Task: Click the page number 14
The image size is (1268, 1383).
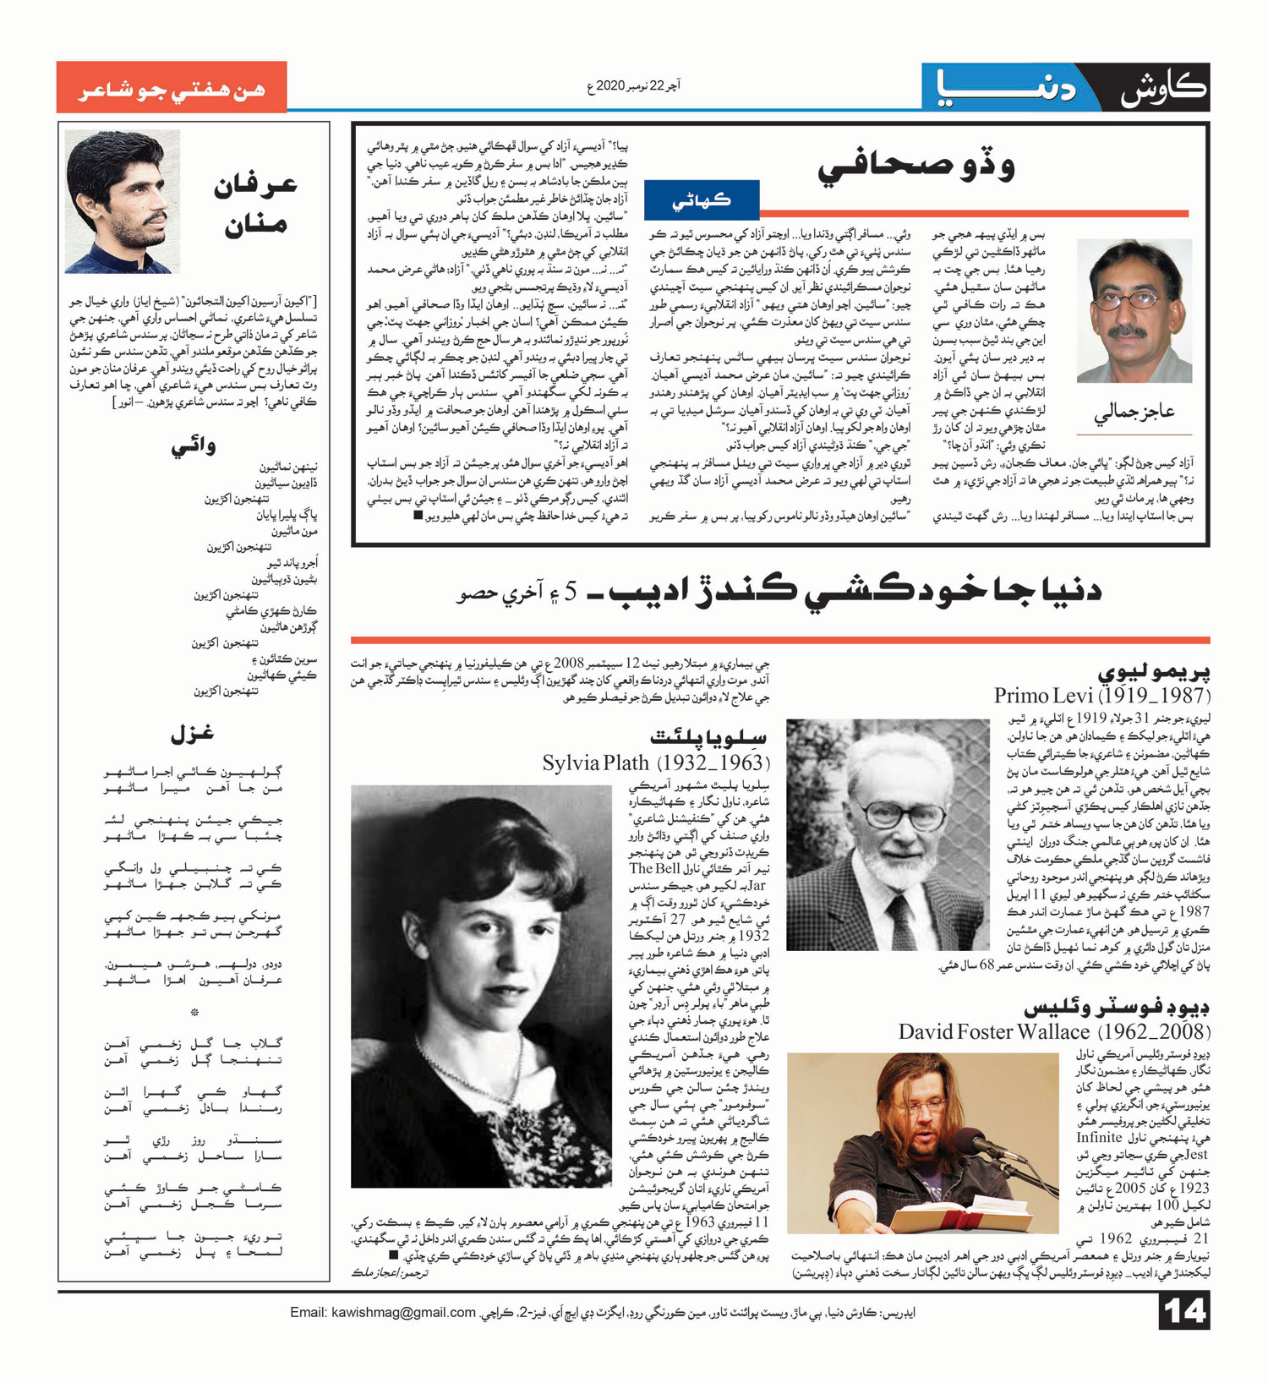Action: [x=1184, y=1312]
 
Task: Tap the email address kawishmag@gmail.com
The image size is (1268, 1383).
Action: [x=383, y=1312]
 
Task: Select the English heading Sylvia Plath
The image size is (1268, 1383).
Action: [x=595, y=763]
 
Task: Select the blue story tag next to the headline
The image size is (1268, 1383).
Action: [x=701, y=200]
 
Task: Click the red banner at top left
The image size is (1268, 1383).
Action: [x=172, y=88]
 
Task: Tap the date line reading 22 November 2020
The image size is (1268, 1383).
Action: [x=633, y=86]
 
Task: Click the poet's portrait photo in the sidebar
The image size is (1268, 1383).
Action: [x=123, y=202]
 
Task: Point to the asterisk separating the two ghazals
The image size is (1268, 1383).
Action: [x=194, y=1012]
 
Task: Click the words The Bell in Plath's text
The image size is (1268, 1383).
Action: [x=654, y=869]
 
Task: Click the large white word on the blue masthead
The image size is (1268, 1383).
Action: [x=1006, y=88]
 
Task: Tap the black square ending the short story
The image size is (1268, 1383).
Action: [x=418, y=515]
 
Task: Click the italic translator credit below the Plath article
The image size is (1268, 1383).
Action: [x=390, y=1272]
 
